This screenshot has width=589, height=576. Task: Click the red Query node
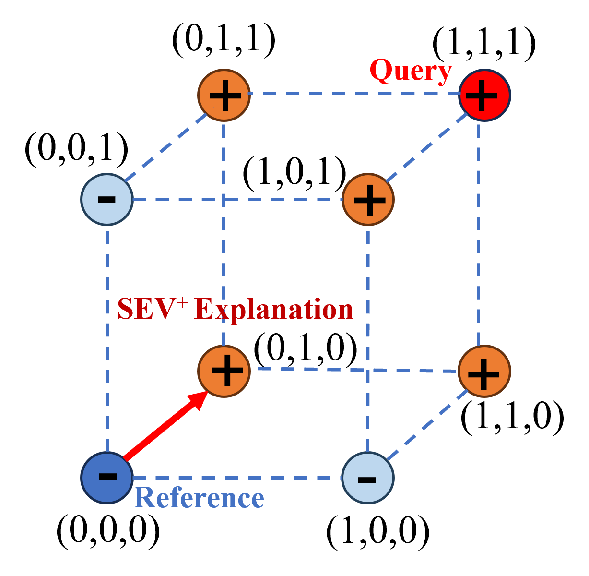coord(484,95)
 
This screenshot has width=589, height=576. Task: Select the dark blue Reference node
coord(106,478)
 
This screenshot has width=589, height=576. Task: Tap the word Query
coord(411,71)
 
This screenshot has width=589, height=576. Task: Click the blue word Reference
coord(199,498)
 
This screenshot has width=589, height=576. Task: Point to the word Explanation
coord(274,309)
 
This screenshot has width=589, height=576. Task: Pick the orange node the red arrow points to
coord(224,371)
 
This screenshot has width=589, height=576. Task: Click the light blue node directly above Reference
coord(106,199)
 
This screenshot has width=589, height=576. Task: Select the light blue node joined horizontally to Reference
coord(367,478)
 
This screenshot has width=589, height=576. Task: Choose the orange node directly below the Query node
coord(484,371)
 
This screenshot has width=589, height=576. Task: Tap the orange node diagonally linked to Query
coord(368,199)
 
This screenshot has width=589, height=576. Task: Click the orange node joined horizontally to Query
coord(224,95)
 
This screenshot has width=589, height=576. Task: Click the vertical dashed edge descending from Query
coord(479,230)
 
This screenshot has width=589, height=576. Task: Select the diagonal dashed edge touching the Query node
coord(427,148)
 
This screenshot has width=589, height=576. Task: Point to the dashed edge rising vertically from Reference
coord(106,336)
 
